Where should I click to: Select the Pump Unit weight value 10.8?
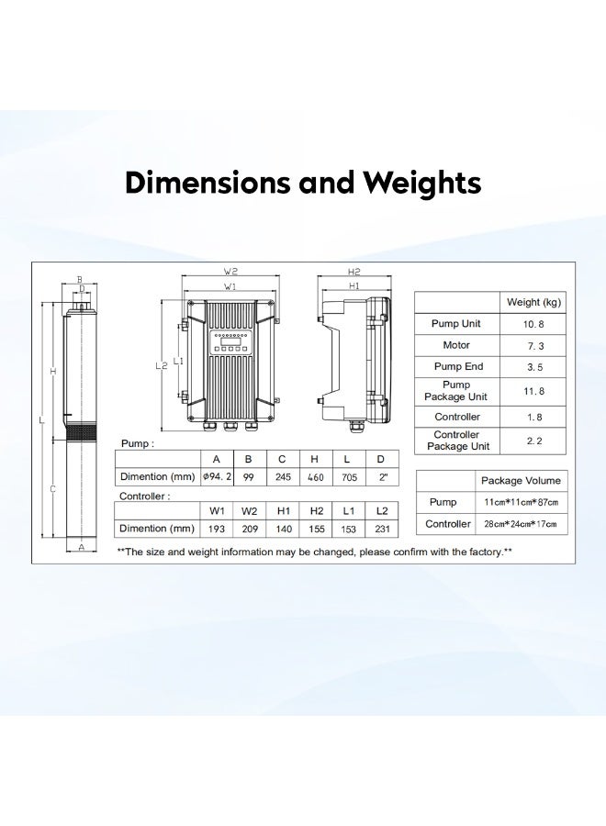pyautogui.click(x=533, y=324)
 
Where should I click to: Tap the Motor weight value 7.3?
pyautogui.click(x=533, y=345)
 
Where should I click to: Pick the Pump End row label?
pyautogui.click(x=456, y=367)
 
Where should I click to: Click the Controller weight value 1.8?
pyautogui.click(x=533, y=416)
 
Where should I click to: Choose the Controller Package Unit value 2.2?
pyautogui.click(x=533, y=441)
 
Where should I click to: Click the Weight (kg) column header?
pyautogui.click(x=533, y=302)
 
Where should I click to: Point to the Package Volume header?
pyautogui.click(x=521, y=481)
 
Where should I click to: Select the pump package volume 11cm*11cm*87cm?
pyautogui.click(x=521, y=503)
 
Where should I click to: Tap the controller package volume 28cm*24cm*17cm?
pyautogui.click(x=521, y=524)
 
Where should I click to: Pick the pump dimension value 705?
pyautogui.click(x=348, y=477)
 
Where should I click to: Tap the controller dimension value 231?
pyautogui.click(x=381, y=529)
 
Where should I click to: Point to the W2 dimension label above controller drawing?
pyautogui.click(x=230, y=272)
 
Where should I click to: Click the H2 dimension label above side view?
pyautogui.click(x=353, y=272)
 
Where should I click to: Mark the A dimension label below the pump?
pyautogui.click(x=81, y=547)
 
